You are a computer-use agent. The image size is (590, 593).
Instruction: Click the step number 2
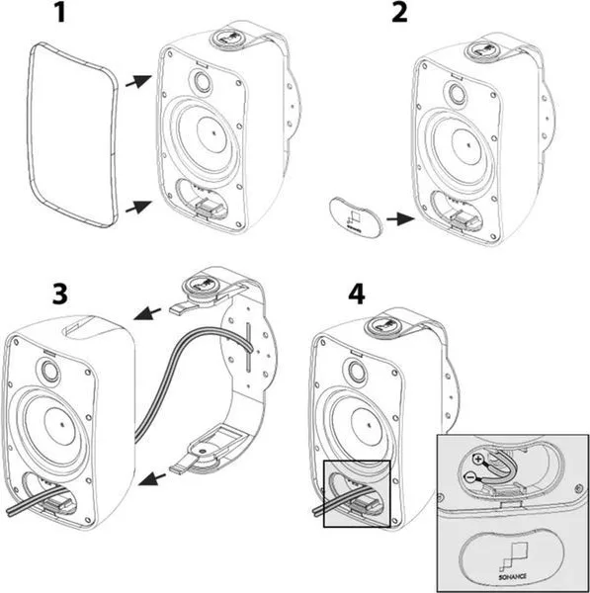(399, 13)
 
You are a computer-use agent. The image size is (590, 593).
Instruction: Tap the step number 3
(60, 294)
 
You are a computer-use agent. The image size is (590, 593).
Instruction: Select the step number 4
(357, 294)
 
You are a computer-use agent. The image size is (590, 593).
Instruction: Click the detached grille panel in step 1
(72, 134)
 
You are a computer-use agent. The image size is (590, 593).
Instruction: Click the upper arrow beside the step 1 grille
(138, 81)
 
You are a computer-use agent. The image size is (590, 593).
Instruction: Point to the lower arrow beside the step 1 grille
(138, 207)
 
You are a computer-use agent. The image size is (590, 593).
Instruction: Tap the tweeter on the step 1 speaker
(200, 81)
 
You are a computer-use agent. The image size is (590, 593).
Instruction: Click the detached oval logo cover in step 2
(356, 217)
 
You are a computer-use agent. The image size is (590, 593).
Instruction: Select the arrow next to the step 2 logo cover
(400, 218)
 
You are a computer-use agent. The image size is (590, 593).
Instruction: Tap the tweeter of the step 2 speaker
(458, 94)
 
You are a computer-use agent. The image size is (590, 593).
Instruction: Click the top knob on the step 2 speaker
(480, 49)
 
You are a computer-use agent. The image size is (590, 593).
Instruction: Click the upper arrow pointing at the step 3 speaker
(147, 313)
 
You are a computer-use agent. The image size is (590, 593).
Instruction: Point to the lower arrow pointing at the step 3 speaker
(152, 478)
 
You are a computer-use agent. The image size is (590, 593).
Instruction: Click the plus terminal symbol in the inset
(478, 460)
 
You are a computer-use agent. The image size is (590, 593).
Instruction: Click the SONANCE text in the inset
(512, 577)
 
